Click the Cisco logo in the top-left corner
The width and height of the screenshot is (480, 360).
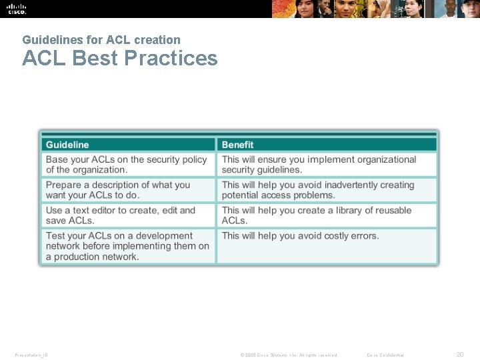click(17, 9)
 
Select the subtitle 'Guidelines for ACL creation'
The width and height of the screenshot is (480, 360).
click(101, 40)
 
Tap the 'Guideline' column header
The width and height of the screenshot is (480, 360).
click(67, 145)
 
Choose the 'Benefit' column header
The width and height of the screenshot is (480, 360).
click(238, 145)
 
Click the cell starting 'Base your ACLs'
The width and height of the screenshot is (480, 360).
click(127, 165)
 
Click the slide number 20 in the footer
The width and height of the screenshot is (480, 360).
click(459, 355)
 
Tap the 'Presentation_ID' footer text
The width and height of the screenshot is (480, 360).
click(31, 355)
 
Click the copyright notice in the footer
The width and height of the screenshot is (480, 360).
click(289, 355)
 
